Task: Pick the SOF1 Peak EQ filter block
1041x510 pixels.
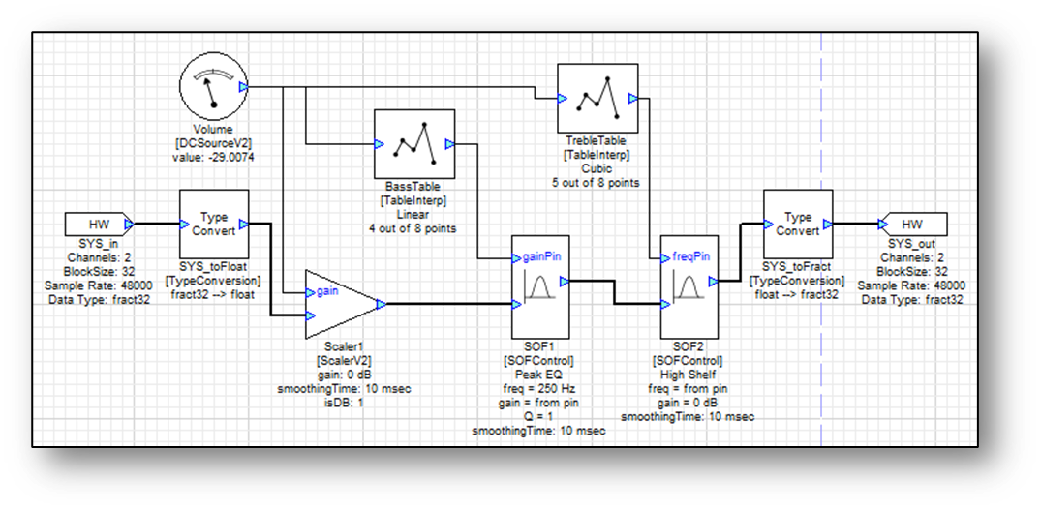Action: point(536,285)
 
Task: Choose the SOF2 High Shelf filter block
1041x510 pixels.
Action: point(687,285)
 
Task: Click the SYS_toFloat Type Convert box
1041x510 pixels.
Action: point(213,224)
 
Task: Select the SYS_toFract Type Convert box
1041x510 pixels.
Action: point(798,224)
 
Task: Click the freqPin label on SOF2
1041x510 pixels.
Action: point(691,258)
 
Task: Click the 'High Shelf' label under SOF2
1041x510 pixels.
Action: point(687,375)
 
